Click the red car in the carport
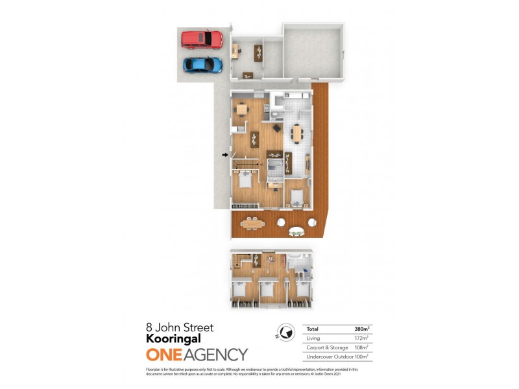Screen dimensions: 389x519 202,40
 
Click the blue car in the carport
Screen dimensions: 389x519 202,64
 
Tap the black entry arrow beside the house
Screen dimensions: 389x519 226,154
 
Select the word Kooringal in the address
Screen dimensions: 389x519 173,338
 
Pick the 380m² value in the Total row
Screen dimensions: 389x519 362,329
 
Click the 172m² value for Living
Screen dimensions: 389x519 362,338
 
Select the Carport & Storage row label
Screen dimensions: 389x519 325,348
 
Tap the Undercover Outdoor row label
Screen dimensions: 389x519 329,357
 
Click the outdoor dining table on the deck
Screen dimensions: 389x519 252,224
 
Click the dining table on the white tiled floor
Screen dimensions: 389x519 296,133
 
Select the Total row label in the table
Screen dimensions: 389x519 312,329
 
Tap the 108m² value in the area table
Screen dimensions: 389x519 362,348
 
